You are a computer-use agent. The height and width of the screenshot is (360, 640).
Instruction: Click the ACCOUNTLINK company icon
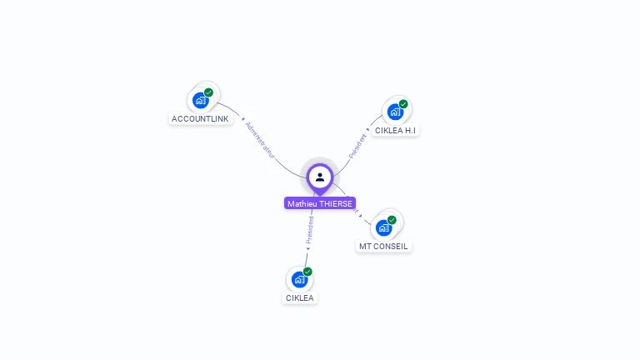click(x=200, y=101)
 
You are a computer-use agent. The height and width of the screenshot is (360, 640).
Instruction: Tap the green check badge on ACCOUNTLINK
click(x=208, y=92)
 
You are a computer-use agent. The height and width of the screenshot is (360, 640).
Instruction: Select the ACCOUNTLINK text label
click(x=200, y=119)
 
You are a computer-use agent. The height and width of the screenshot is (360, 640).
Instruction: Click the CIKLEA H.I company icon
click(x=395, y=112)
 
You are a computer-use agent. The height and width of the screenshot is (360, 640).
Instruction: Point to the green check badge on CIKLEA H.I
click(x=403, y=104)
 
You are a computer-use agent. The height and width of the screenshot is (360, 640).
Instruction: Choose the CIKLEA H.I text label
click(x=395, y=131)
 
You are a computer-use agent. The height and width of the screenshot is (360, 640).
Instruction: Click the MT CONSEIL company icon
click(x=383, y=227)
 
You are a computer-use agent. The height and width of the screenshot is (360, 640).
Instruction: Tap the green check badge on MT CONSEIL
click(x=392, y=220)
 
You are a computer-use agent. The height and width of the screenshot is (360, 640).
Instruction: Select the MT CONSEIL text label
click(x=383, y=247)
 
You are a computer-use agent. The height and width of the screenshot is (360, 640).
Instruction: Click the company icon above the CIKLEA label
click(x=299, y=279)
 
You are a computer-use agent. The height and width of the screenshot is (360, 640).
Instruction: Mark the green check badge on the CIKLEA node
click(x=307, y=272)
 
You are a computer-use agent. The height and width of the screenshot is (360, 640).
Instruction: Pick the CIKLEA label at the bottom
click(x=301, y=297)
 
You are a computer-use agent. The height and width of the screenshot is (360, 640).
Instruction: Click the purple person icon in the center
click(x=319, y=177)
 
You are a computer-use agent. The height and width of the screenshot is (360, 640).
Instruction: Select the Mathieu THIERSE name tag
click(x=320, y=203)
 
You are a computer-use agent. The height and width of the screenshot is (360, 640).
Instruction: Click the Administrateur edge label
click(x=259, y=139)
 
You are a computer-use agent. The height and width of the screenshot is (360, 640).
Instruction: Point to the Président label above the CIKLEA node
click(x=310, y=230)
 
